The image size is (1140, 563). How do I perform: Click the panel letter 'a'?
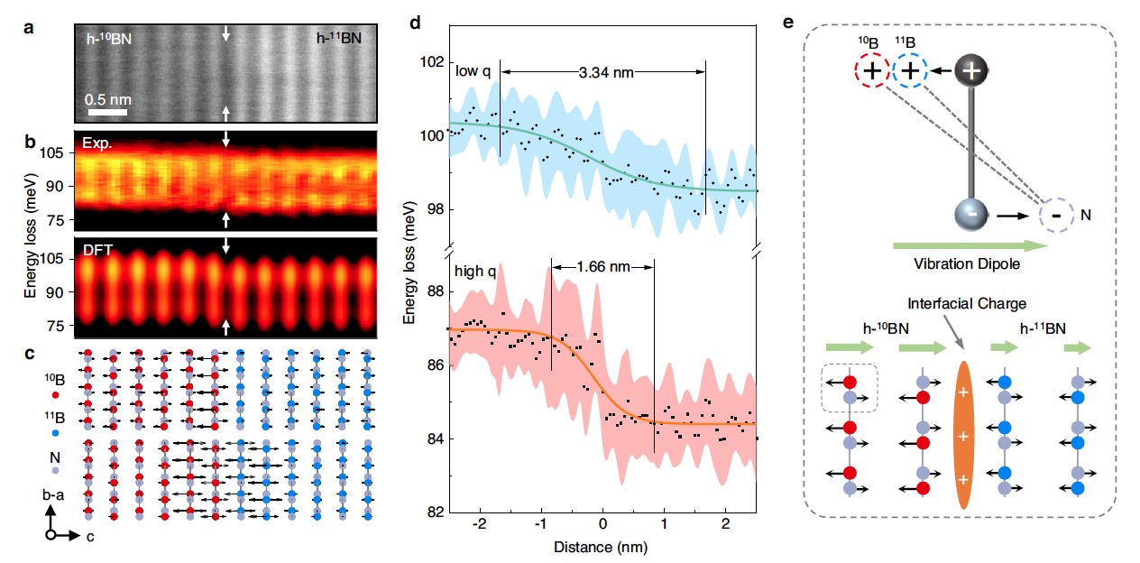30,27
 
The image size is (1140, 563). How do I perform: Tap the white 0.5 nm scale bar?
106,113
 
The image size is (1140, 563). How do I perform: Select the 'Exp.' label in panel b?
95,143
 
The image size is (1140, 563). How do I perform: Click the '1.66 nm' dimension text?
602,266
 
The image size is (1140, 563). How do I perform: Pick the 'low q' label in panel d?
473,71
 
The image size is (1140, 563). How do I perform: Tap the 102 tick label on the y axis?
433,62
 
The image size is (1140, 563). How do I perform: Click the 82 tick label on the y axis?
437,512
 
